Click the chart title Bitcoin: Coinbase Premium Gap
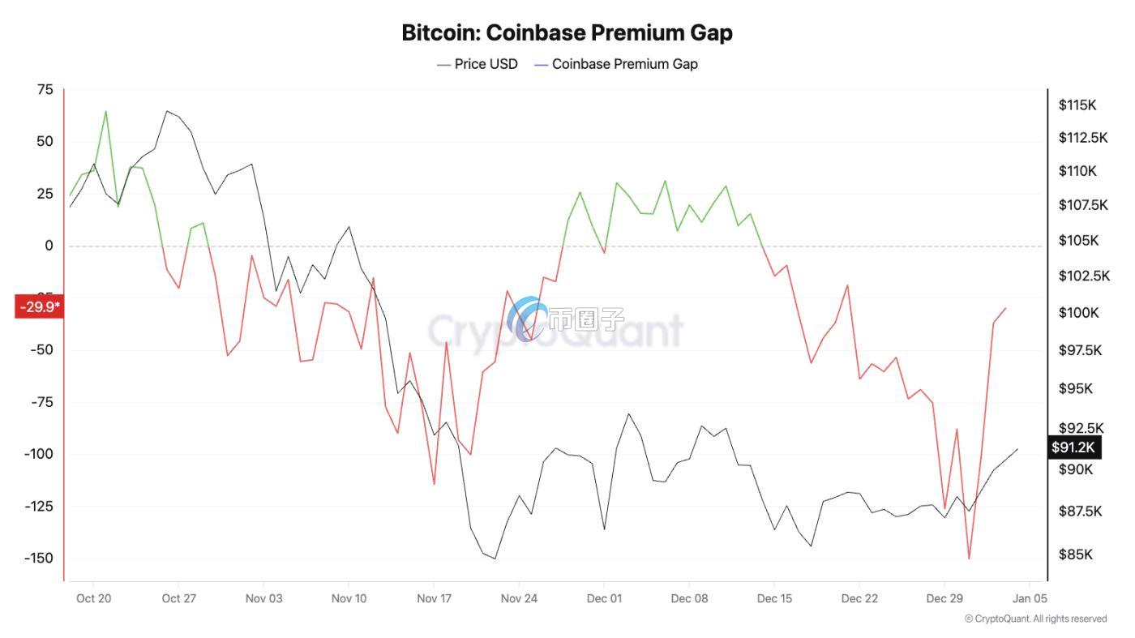coord(567,32)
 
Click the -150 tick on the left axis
coord(38,559)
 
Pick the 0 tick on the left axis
coord(49,246)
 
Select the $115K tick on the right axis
coord(1077,105)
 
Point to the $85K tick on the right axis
coord(1075,555)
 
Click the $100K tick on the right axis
coord(1078,312)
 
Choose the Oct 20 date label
coord(93,599)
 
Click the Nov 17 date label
coord(434,599)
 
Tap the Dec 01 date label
coord(604,599)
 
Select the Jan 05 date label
coord(1029,599)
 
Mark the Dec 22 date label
coord(859,599)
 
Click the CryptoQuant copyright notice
coord(1035,619)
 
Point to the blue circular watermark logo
coord(527,319)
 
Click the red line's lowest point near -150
coord(969,559)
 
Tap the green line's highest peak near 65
coord(105,111)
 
